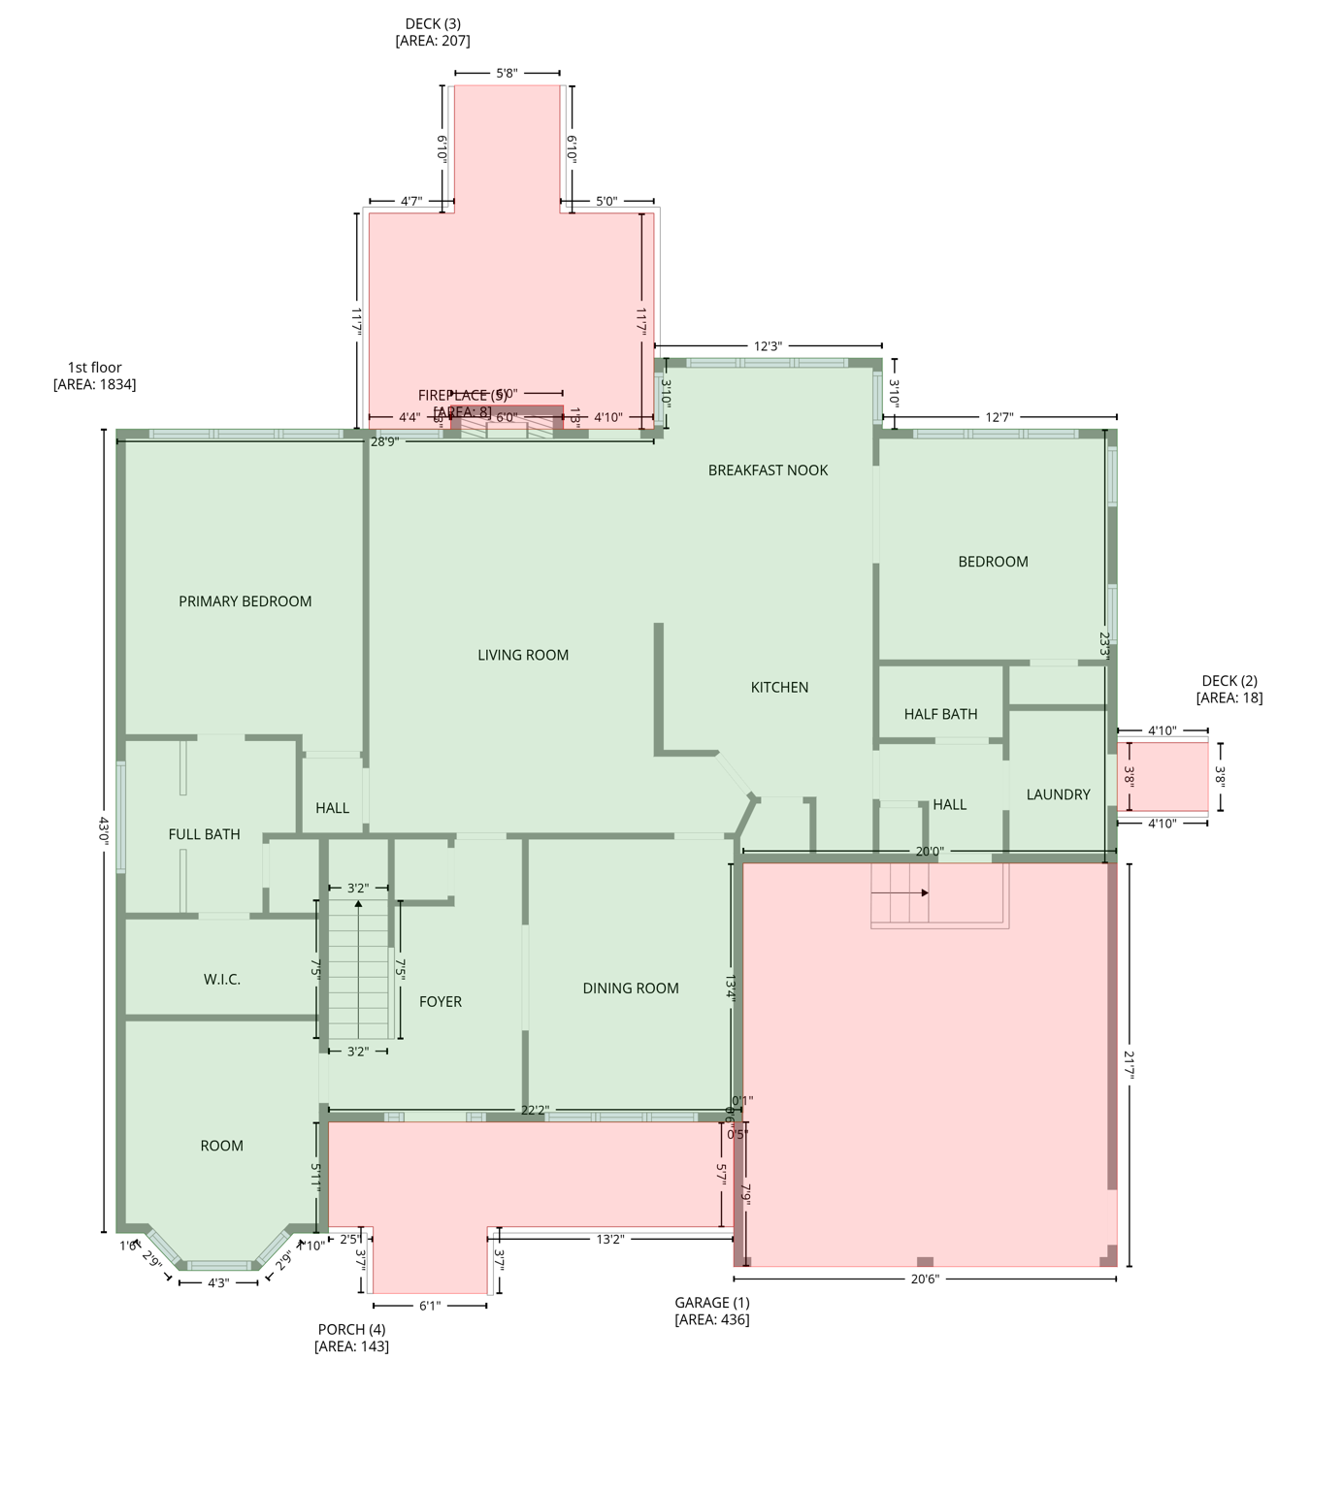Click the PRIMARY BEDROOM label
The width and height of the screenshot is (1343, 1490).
tap(245, 601)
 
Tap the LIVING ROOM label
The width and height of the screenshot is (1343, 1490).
tap(523, 655)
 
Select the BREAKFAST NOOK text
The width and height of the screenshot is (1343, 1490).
tap(768, 470)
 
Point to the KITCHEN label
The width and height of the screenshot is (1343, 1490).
tap(779, 687)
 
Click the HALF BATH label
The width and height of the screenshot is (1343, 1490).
tap(940, 714)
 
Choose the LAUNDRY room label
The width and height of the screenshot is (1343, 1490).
tap(1058, 794)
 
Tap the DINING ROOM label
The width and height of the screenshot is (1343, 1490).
tap(631, 988)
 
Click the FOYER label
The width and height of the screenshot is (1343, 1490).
tap(441, 1002)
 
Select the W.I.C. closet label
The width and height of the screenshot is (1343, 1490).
tap(222, 980)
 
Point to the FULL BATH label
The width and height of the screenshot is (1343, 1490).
tap(204, 834)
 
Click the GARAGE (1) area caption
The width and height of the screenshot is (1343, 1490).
tap(712, 1311)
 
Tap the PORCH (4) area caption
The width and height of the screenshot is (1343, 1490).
tap(351, 1338)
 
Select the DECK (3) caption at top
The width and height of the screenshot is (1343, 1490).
tap(433, 32)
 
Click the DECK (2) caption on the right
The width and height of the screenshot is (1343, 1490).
tap(1229, 689)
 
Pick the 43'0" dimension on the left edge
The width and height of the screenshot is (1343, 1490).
tap(103, 830)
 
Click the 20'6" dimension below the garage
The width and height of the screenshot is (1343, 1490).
tap(925, 1279)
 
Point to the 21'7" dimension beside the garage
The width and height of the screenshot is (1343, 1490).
tap(1129, 1064)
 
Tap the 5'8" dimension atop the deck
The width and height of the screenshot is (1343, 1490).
tap(507, 73)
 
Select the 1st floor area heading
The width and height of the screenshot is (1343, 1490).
tap(94, 375)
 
